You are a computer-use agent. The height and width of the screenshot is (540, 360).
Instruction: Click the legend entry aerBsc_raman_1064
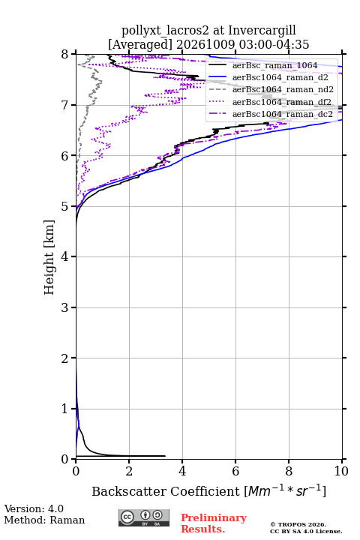click(x=275, y=65)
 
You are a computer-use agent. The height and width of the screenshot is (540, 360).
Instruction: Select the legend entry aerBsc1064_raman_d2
click(x=280, y=77)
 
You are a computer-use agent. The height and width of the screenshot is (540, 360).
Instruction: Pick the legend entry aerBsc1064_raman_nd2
click(x=283, y=89)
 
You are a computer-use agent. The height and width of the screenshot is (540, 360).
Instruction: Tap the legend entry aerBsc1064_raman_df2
click(x=281, y=102)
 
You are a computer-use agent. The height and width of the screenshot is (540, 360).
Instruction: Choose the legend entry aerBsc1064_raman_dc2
click(x=283, y=114)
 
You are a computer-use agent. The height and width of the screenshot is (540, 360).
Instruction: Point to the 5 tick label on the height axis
click(x=64, y=207)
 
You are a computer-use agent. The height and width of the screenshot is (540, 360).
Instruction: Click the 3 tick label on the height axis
click(x=64, y=307)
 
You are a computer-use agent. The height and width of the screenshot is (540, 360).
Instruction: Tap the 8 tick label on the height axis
click(x=64, y=55)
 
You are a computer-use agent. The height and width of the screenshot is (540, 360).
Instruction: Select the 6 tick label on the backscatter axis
click(x=235, y=471)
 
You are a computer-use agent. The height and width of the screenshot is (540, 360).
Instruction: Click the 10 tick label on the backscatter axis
click(x=342, y=471)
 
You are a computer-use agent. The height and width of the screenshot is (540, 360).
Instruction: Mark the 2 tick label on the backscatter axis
click(x=129, y=471)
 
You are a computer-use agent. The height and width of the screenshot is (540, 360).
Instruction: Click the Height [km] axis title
click(x=49, y=257)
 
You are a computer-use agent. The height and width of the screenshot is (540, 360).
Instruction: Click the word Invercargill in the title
click(x=262, y=30)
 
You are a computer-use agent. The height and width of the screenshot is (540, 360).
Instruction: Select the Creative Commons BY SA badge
click(x=144, y=517)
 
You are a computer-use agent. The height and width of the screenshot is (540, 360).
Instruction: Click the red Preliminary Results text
click(x=214, y=523)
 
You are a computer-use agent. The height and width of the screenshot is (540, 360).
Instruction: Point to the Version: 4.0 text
click(x=34, y=508)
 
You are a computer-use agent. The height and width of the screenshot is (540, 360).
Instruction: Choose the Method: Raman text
click(x=44, y=520)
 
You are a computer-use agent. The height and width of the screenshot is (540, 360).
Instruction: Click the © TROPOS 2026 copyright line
click(x=298, y=524)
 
